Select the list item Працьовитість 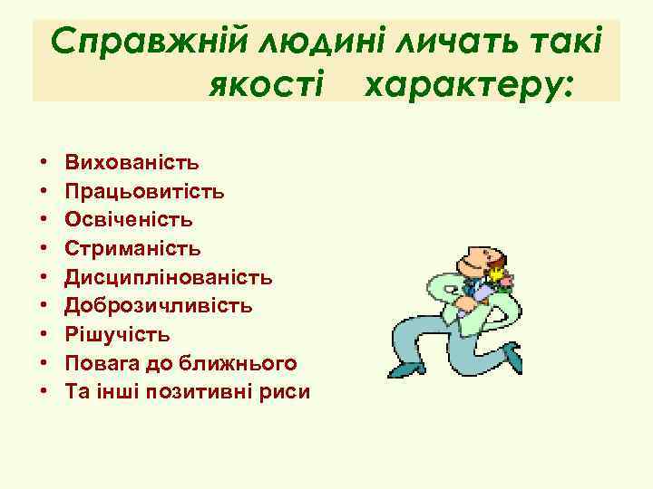click(x=145, y=191)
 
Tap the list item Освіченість click(x=129, y=219)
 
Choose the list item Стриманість click(x=133, y=248)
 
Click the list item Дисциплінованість click(x=168, y=276)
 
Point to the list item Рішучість click(x=117, y=334)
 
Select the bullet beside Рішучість click(x=44, y=335)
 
